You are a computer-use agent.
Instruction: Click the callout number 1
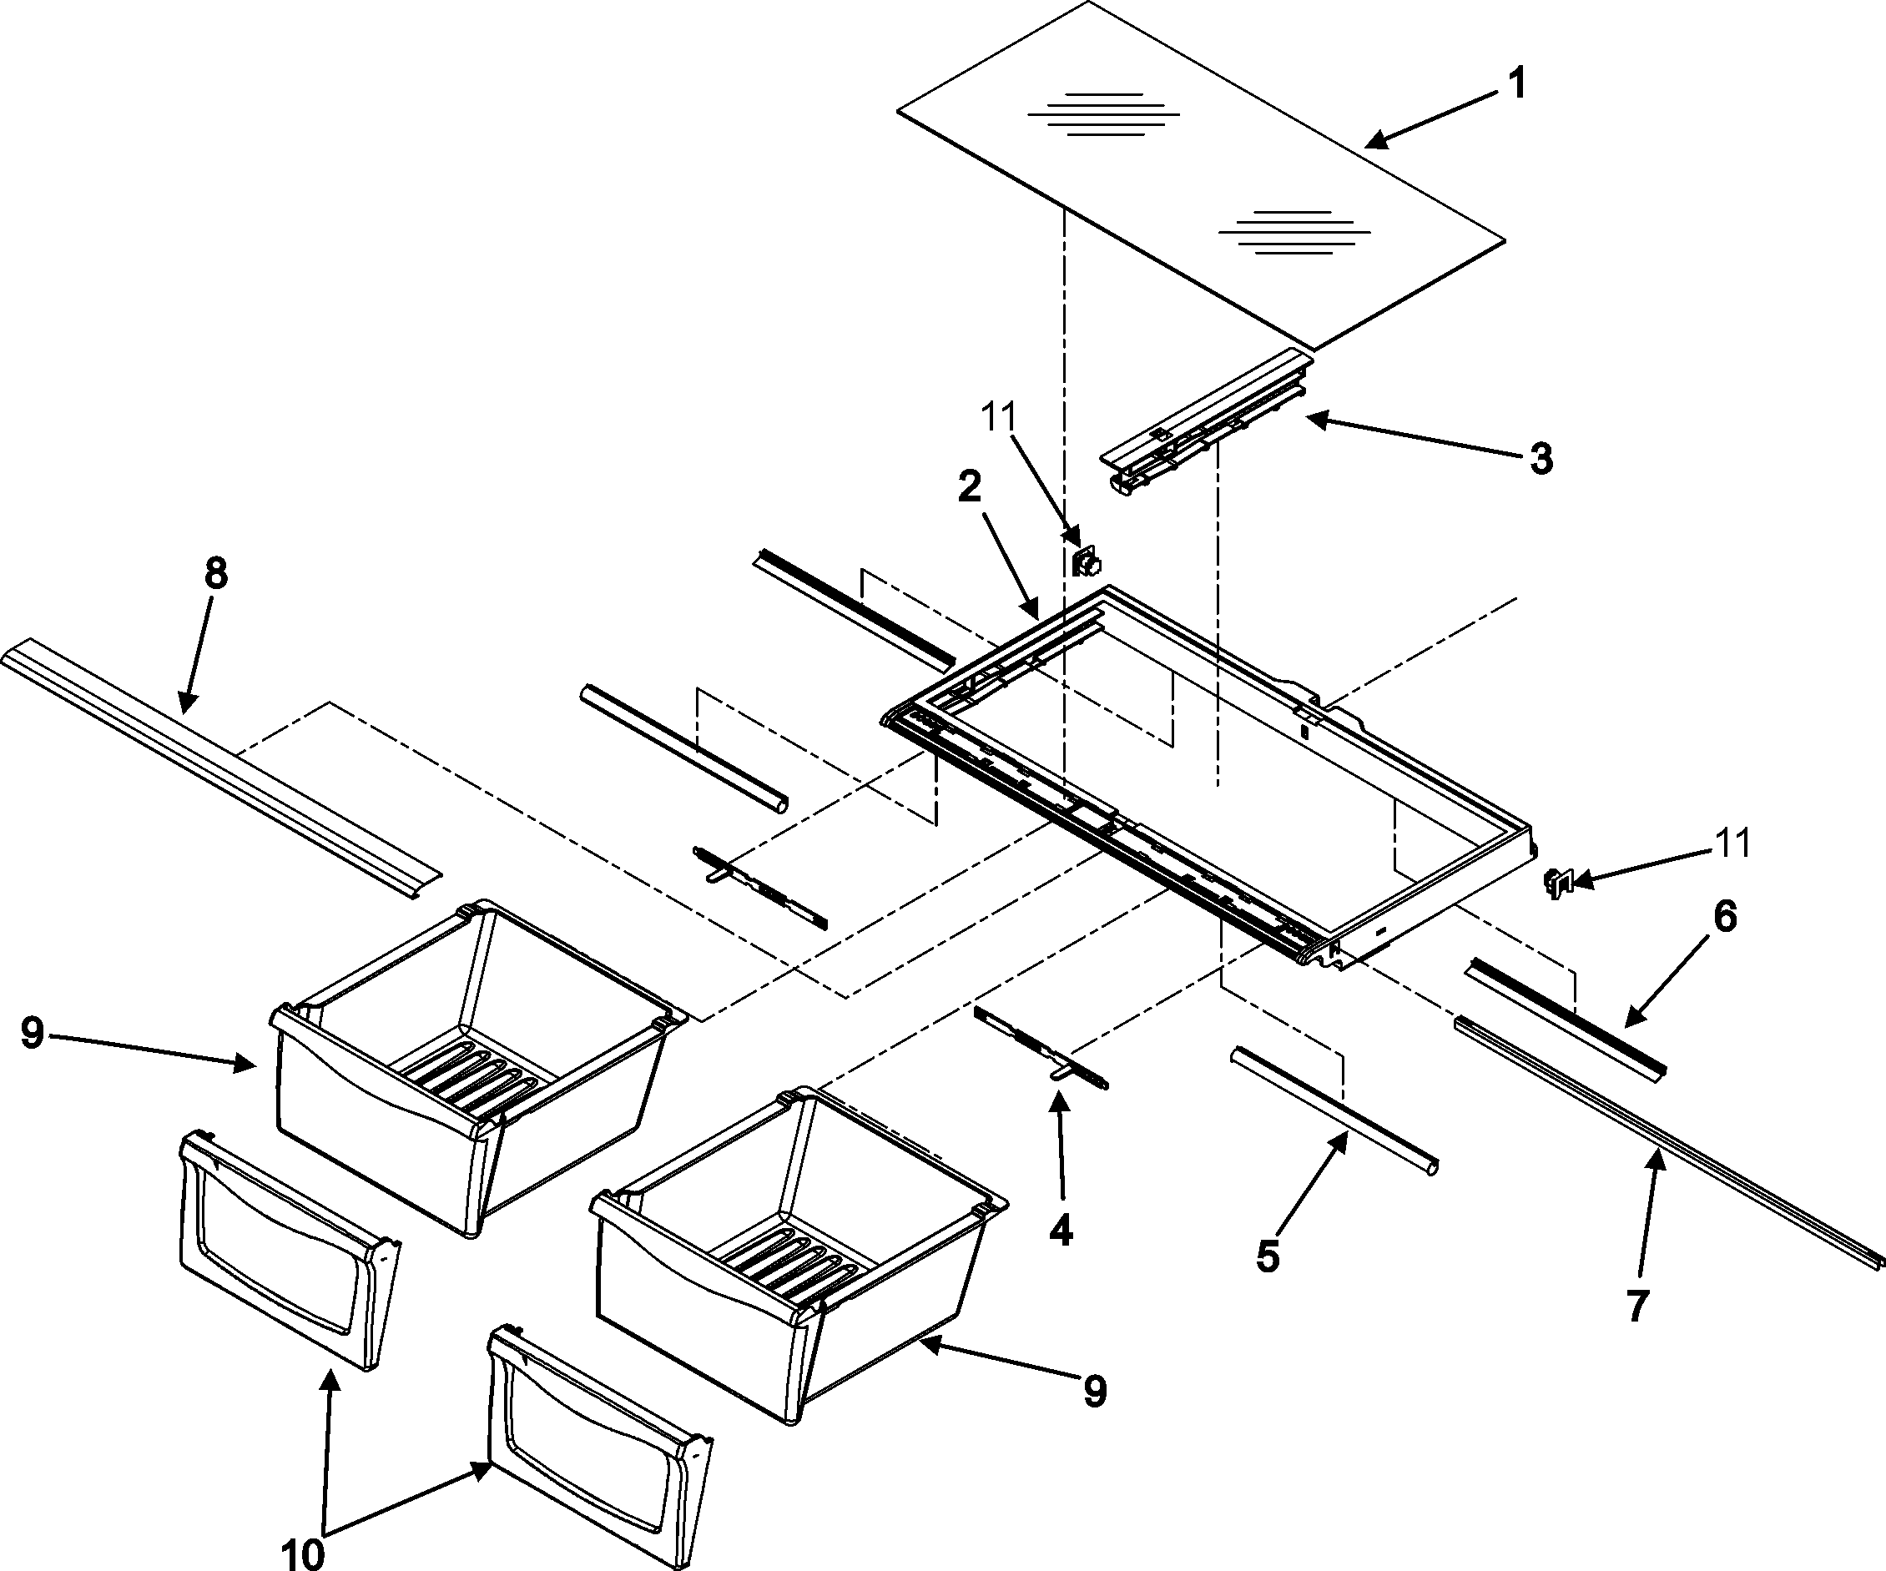click(x=1516, y=85)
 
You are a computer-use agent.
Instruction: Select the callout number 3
click(x=1541, y=459)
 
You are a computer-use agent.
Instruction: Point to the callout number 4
click(x=1061, y=1231)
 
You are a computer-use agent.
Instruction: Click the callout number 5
click(x=1268, y=1256)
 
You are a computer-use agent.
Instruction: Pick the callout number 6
click(x=1724, y=917)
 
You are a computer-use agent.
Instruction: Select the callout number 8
click(x=215, y=572)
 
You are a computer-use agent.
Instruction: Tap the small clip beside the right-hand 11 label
click(x=1556, y=884)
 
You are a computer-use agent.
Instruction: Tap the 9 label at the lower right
click(x=1094, y=1392)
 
